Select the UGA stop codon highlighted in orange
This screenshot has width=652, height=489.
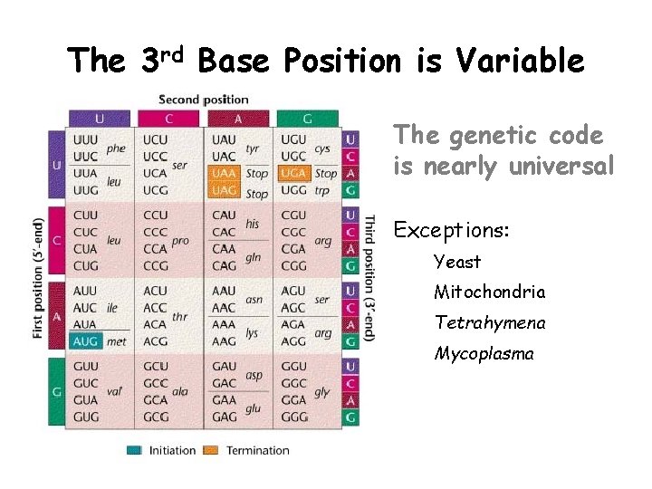[294, 173]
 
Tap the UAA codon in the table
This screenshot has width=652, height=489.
[225, 173]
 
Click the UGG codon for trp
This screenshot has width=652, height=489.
[294, 190]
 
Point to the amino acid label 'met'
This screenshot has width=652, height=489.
[117, 342]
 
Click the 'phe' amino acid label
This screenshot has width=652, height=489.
[116, 149]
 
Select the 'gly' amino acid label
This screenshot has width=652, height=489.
[321, 392]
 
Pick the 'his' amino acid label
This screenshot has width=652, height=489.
[253, 224]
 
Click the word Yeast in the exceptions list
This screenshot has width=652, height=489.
[457, 262]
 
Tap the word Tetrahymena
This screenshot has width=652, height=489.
[489, 322]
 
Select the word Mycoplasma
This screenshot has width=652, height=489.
[484, 353]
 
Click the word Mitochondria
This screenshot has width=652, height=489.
[489, 292]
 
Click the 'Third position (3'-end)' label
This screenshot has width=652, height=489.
[369, 277]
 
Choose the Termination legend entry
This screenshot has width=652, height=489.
[257, 450]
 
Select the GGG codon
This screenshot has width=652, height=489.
[294, 417]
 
